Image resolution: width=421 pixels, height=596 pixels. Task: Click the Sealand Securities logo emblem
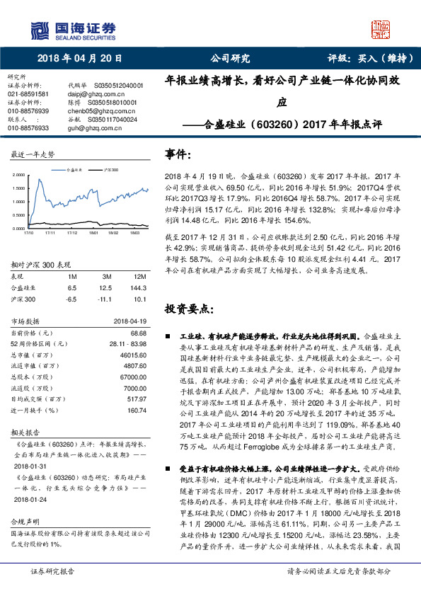38,30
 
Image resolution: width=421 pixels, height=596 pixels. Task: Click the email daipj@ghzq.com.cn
92,93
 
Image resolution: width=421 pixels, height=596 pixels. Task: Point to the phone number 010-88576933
28,128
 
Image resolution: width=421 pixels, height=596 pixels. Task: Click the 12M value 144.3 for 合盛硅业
139,289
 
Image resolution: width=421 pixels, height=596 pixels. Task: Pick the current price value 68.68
136,332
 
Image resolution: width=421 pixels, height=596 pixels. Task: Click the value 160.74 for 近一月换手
135,410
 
